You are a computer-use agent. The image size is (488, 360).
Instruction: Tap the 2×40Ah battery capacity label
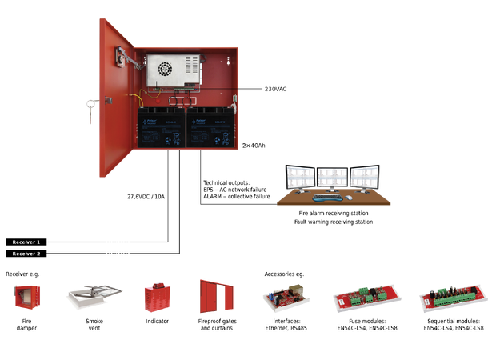[x=254, y=146]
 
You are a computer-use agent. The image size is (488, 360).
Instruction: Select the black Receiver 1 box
[x=27, y=241]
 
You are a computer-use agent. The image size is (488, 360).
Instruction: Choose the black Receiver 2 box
[x=27, y=254]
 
